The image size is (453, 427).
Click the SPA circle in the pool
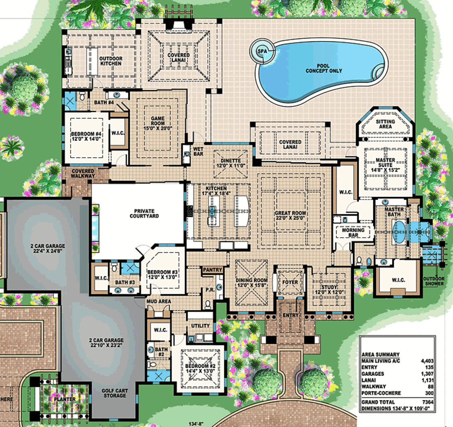point(260,50)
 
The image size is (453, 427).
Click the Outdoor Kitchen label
point(111,61)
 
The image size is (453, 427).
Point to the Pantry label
point(212,270)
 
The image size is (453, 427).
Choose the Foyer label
point(290,282)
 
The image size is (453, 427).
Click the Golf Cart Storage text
point(114,393)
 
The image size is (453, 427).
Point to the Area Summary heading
point(380,354)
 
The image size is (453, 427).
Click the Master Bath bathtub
point(399,232)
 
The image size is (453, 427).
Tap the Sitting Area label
point(385,124)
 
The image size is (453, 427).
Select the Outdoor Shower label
point(434,281)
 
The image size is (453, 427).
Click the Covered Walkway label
point(83,173)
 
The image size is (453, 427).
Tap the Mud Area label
point(159,301)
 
